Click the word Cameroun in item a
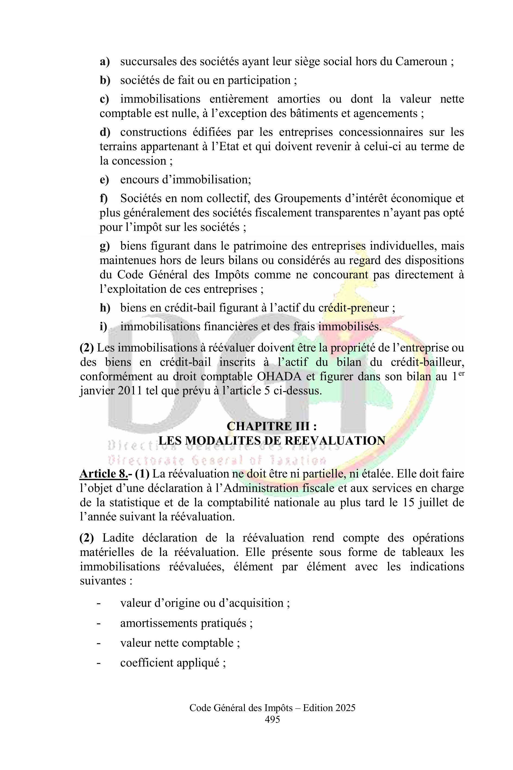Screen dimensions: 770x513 click(421, 62)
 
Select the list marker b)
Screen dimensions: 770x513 click(105, 80)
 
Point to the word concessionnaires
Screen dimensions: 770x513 click(379, 132)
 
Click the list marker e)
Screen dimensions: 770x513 click(104, 180)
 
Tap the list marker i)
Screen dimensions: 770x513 click(103, 326)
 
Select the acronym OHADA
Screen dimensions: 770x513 click(279, 376)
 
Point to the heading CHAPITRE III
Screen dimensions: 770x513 click(271, 426)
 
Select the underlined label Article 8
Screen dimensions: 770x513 click(103, 474)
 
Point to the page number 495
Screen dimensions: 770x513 click(272, 719)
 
